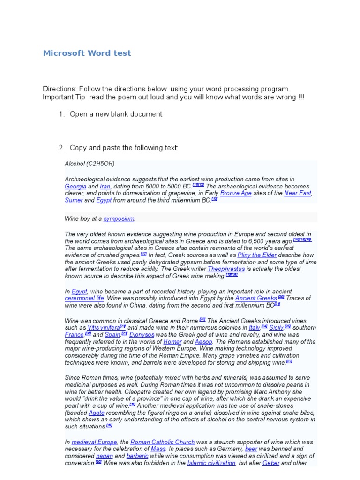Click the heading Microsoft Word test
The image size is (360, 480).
pyautogui.click(x=87, y=53)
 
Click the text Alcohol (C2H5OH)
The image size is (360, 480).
pyautogui.click(x=90, y=164)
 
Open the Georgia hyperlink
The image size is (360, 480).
pyautogui.click(x=75, y=186)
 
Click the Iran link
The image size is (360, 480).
pyautogui.click(x=105, y=186)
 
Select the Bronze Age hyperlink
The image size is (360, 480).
pyautogui.click(x=236, y=193)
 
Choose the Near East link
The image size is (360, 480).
pyautogui.click(x=298, y=193)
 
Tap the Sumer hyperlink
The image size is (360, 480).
pyautogui.click(x=74, y=200)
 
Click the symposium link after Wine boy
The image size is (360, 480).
pyautogui.click(x=119, y=218)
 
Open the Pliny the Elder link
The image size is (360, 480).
pyautogui.click(x=257, y=255)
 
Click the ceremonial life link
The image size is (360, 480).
pyautogui.click(x=84, y=298)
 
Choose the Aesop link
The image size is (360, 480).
pyautogui.click(x=203, y=342)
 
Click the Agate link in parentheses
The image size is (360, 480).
pyautogui.click(x=97, y=412)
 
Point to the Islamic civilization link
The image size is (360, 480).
pyautogui.click(x=211, y=463)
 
